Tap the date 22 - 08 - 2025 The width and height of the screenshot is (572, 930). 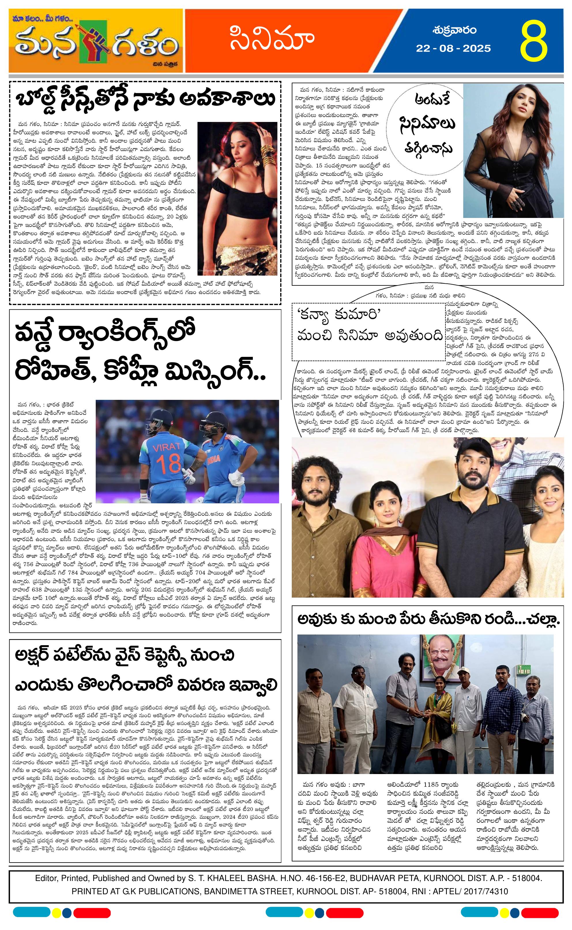(x=453, y=48)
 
